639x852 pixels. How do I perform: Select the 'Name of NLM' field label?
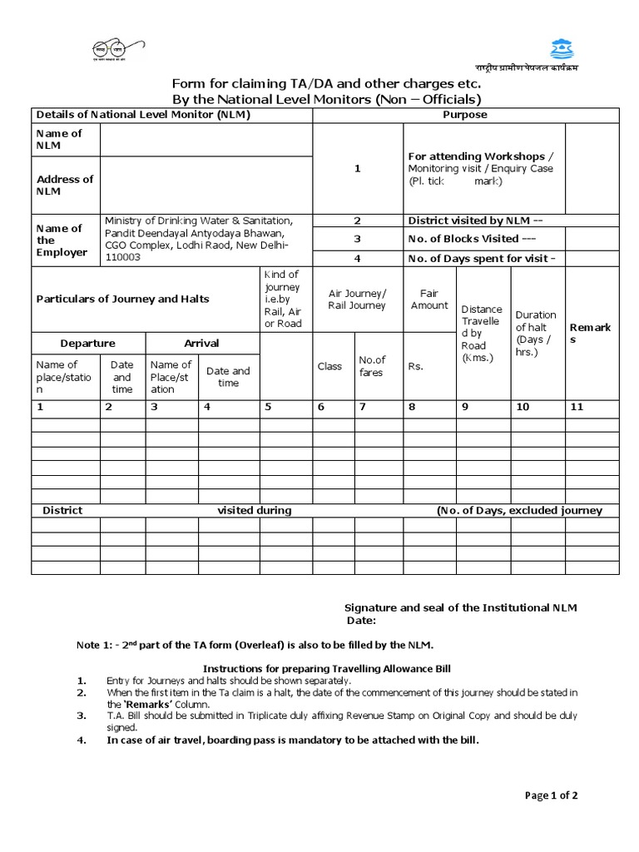58,140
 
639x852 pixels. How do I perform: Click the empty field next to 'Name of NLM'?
206,140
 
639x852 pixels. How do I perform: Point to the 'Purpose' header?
465,115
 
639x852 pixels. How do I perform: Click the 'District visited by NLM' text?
475,221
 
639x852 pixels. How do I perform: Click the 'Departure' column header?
87,344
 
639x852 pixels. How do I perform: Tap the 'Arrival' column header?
201,344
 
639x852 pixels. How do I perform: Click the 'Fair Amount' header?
429,300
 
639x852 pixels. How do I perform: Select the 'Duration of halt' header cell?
536,333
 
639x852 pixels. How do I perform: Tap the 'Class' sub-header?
329,366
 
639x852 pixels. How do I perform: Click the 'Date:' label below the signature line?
361,621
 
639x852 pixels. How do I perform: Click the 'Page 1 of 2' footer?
552,795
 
